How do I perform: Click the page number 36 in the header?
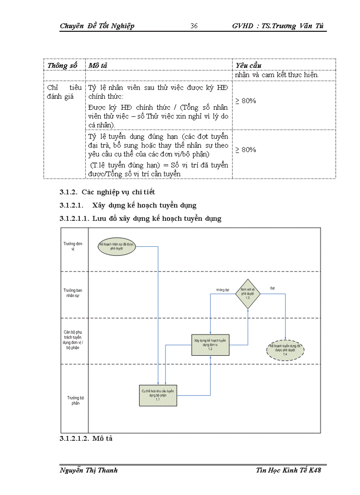(x=194, y=26)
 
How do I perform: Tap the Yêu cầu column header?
(x=249, y=66)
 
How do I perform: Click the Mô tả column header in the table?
(x=98, y=66)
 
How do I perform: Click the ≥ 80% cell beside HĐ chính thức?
(x=246, y=101)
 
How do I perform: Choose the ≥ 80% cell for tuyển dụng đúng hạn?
(x=246, y=150)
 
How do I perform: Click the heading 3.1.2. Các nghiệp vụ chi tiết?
(x=107, y=192)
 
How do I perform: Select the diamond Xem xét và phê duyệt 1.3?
(x=248, y=293)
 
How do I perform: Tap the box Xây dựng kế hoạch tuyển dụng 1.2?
(x=210, y=343)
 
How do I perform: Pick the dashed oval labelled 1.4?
(x=285, y=350)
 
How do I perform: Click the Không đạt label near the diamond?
(x=223, y=290)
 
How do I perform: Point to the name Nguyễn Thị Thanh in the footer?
(x=89, y=470)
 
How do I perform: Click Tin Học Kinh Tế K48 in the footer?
(x=289, y=470)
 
